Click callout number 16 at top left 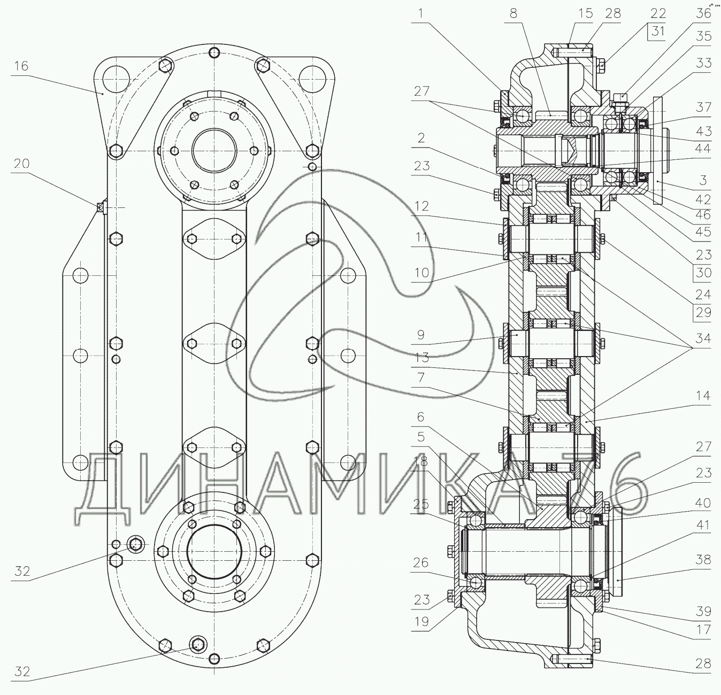21,66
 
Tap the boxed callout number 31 658,31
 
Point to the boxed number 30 703,273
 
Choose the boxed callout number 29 703,313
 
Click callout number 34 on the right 703,338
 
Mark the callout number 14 703,396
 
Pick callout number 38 703,560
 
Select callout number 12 421,206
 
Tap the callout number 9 420,335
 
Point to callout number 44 703,149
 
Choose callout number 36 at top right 703,13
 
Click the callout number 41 703,524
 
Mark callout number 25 421,504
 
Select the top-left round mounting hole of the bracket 117,79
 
